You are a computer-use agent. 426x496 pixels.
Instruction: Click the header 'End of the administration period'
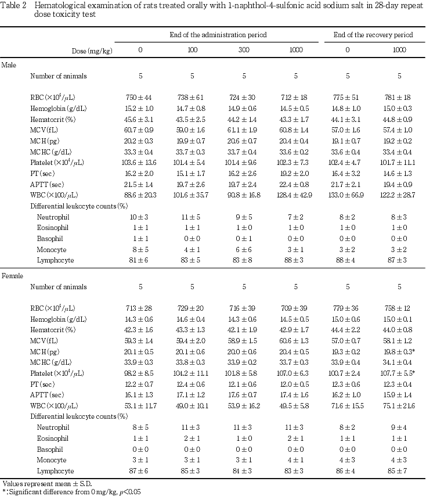click(x=218, y=35)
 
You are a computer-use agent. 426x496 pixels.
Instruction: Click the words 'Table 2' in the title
click(x=14, y=5)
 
